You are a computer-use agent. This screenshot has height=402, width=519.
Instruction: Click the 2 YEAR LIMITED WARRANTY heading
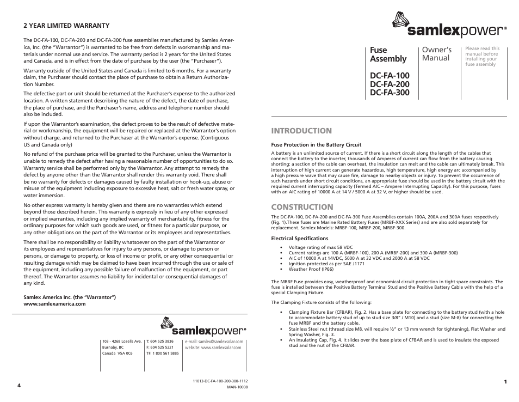coord(66,26)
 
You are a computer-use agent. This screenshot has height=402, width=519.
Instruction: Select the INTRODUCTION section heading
coord(301,131)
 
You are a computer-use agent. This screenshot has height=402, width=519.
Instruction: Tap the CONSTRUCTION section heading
coord(302,207)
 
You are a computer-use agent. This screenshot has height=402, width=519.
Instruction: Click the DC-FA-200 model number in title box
coord(390,84)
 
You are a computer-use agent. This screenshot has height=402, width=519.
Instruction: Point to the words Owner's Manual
coord(436,54)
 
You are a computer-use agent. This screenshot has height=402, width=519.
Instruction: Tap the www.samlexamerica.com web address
coord(54,304)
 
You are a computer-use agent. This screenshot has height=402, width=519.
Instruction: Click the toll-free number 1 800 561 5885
coord(162,354)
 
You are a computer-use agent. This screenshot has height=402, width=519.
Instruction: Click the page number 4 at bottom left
coord(18,385)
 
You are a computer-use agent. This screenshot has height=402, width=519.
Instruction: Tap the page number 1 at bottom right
coord(505,381)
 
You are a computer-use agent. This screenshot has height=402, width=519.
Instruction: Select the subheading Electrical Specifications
coord(300,239)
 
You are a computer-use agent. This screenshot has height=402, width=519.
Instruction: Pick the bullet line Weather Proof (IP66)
coord(312,269)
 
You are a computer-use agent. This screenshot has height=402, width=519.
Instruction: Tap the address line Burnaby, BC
coord(113,347)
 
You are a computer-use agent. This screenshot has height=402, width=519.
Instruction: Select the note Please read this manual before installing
coord(482,56)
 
